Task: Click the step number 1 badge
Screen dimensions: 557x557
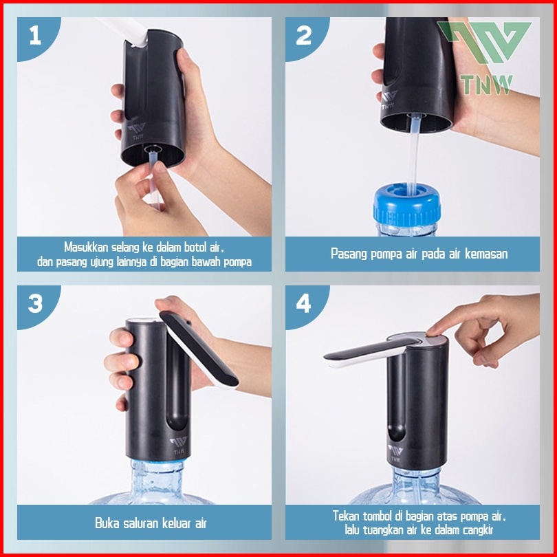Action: (36, 36)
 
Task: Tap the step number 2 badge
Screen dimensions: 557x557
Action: (304, 36)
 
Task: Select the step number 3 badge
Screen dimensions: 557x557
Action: (36, 304)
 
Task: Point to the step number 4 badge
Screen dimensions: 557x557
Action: (304, 304)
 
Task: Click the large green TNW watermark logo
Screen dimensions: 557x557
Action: (485, 58)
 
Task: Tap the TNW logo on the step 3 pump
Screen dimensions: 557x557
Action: (178, 446)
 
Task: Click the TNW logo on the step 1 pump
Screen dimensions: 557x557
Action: (137, 131)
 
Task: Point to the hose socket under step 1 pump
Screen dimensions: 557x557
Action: (153, 149)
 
